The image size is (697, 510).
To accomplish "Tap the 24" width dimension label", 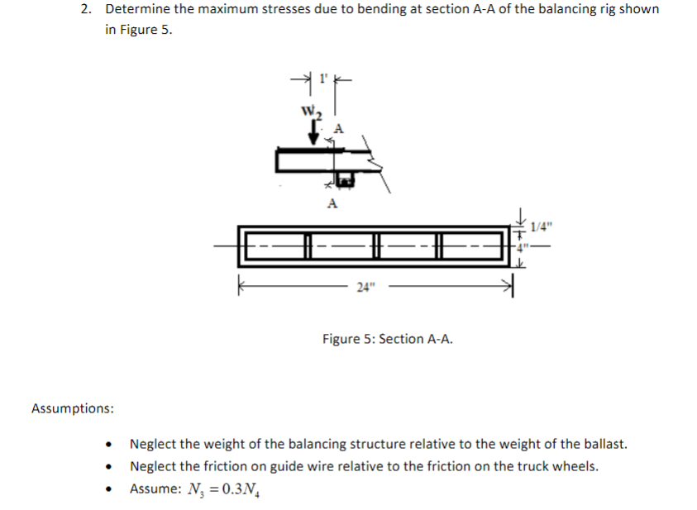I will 365,287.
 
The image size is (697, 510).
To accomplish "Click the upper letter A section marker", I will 337,127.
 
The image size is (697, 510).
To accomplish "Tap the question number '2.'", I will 87,9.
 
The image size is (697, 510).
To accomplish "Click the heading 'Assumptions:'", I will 73,408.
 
